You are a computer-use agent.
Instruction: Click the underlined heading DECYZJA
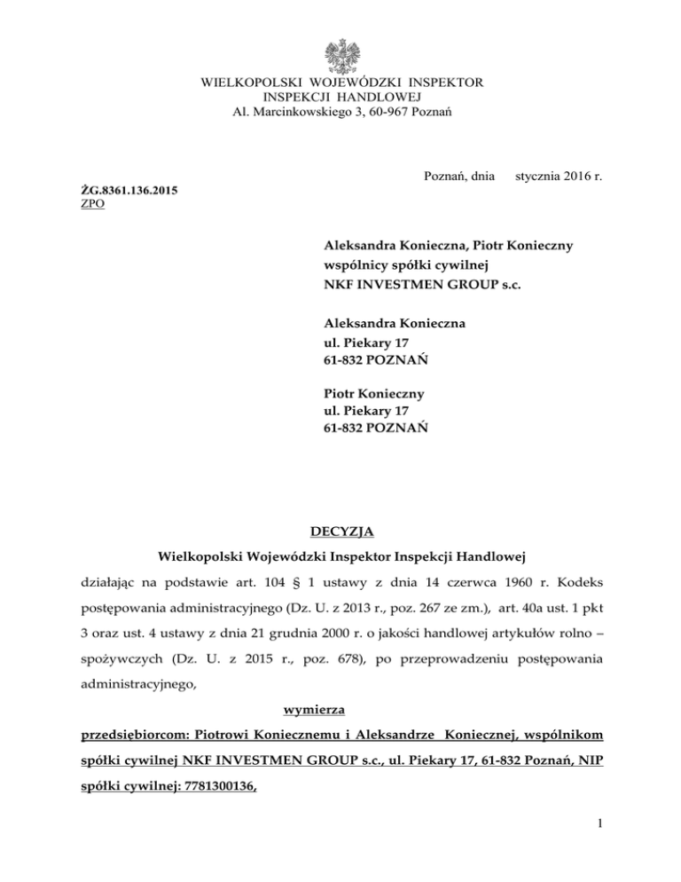[340, 532]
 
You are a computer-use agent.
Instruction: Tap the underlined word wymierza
[340, 708]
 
